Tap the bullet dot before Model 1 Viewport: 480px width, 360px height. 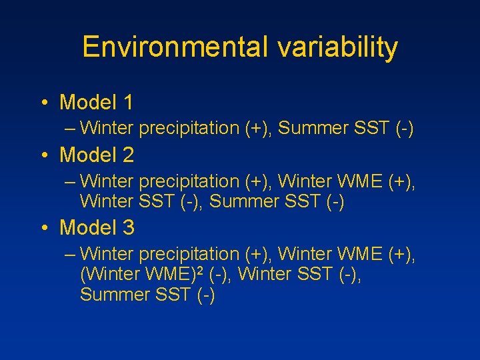click(43, 103)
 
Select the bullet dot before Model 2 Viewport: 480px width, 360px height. click(43, 156)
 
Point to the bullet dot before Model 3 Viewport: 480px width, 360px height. click(43, 228)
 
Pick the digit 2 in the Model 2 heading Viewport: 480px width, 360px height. click(127, 155)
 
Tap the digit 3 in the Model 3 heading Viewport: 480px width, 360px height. click(127, 227)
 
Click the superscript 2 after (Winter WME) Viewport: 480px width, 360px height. click(200, 269)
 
